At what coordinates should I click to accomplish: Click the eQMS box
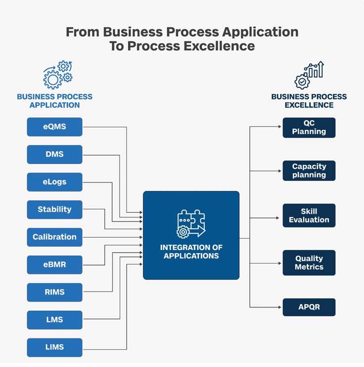coord(54,127)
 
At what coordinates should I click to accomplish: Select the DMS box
coord(54,154)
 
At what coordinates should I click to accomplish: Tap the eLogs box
coord(54,182)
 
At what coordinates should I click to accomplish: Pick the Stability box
coord(54,210)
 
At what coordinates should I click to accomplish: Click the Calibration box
coord(54,237)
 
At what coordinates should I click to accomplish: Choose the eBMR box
coord(54,265)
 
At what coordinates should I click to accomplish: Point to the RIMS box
coord(54,292)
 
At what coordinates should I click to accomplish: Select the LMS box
coord(54,320)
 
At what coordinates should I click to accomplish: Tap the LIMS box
coord(54,347)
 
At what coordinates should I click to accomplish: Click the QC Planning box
coord(309,127)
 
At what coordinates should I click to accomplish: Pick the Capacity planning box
coord(309,171)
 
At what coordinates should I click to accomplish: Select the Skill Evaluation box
coord(309,216)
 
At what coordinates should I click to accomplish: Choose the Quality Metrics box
coord(309,262)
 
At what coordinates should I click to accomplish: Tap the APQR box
coord(309,307)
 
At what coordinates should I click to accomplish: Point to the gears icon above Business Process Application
coord(57,74)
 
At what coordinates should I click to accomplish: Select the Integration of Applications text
coord(191,252)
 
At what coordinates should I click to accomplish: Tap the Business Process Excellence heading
coord(309,101)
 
